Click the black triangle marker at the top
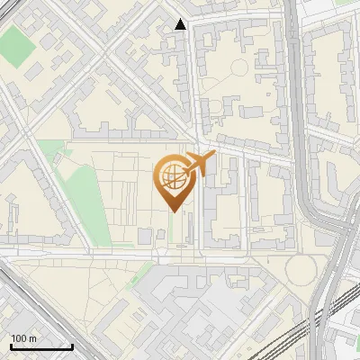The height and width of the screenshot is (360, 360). pos(181,24)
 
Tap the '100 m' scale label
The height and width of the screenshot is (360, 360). pos(22,338)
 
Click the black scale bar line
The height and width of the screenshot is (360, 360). pos(41,346)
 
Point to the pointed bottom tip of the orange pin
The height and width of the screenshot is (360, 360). pos(171,211)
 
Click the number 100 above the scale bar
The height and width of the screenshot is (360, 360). pos(18,338)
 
